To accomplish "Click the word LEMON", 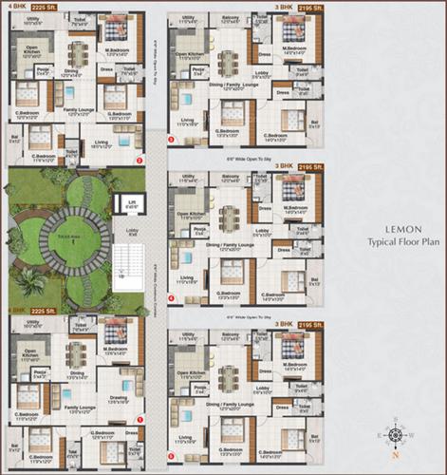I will point(388,229).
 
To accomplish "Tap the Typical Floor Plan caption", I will point(388,243).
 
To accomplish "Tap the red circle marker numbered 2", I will point(140,161).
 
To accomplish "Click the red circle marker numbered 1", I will point(140,419).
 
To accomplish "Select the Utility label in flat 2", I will point(32,20).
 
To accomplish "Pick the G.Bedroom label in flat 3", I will point(227,134).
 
